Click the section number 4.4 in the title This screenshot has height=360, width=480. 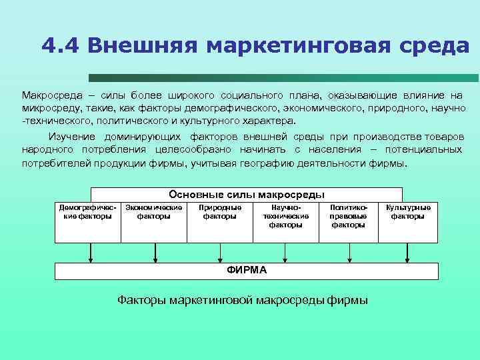60,45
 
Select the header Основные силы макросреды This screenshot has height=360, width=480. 247,195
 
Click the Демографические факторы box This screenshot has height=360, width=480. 87,213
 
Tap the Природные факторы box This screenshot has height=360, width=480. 220,213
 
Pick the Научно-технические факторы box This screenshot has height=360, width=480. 285,217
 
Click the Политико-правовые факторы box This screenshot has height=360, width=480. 348,217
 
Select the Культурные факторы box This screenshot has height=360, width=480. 408,213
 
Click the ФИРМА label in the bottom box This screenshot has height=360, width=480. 247,270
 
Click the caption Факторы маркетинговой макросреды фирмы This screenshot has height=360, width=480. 243,300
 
